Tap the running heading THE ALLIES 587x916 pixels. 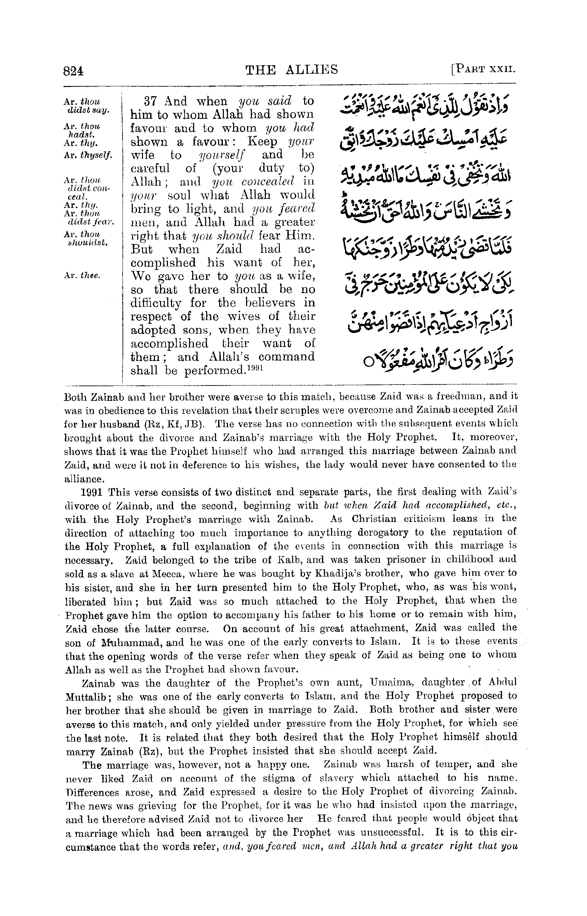point(291,70)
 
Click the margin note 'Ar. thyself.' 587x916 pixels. point(88,155)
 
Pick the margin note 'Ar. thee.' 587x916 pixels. point(82,276)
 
